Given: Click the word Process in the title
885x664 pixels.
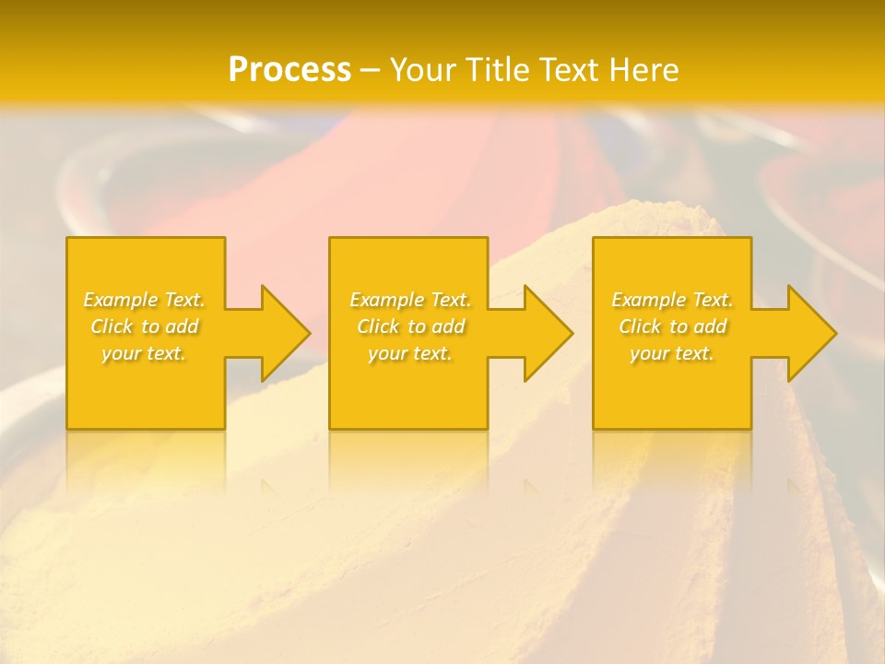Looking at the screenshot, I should click(x=289, y=70).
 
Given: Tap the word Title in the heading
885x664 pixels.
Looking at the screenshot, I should click(x=496, y=70).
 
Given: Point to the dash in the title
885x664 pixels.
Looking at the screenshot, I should click(x=371, y=70).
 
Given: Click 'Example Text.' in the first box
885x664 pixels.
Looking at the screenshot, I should click(x=145, y=300).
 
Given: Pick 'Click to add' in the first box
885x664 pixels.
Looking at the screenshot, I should click(x=145, y=326).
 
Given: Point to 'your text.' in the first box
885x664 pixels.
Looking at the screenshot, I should click(x=145, y=353).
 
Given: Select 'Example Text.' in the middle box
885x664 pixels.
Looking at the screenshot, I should click(x=410, y=300).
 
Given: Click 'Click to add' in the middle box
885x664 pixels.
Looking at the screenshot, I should click(x=410, y=326).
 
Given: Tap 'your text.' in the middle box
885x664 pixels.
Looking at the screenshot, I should click(x=410, y=353).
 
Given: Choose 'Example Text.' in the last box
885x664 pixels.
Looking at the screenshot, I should click(x=672, y=300).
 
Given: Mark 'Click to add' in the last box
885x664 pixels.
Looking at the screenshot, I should click(x=672, y=326).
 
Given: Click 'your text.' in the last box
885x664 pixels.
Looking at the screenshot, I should click(x=672, y=353).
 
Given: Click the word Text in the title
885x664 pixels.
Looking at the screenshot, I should click(x=567, y=70).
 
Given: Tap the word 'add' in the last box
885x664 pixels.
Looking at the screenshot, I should click(x=709, y=326).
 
